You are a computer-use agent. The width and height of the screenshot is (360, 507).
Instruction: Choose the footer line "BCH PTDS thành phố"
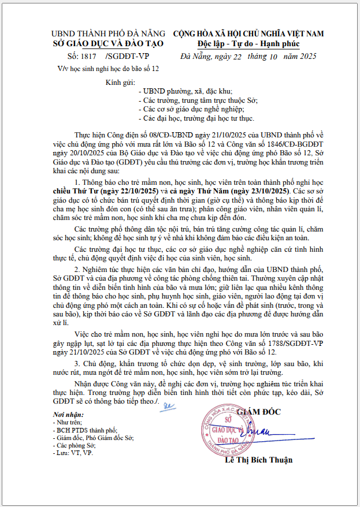[87, 430]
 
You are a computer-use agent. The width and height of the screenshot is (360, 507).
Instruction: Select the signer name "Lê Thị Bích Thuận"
[259, 460]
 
